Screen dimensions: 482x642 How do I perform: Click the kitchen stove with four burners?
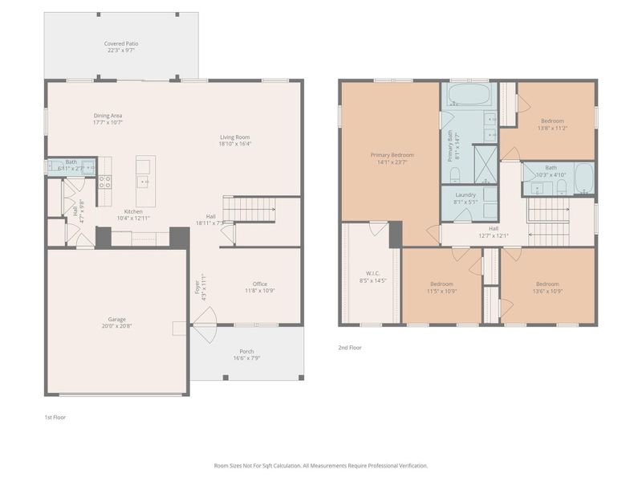(104, 182)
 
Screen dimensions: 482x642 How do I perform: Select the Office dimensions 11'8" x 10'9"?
(259, 291)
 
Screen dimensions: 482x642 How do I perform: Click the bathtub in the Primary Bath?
(468, 95)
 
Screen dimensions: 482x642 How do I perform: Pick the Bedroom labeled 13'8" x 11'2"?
(551, 125)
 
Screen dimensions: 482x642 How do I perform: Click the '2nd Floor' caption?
(350, 348)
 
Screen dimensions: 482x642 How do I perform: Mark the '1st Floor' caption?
(55, 418)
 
